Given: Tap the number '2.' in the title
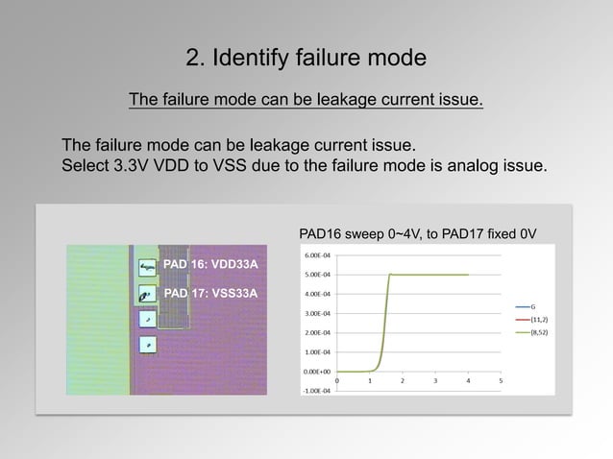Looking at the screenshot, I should click(196, 59).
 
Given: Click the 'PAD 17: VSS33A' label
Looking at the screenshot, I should click(210, 293).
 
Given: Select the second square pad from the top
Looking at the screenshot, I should click(147, 293).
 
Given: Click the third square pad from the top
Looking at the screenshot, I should click(147, 318).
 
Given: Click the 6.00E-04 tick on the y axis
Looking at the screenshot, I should click(318, 255).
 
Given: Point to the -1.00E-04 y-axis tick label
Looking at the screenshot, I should click(317, 390).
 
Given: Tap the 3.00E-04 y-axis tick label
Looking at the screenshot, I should click(318, 313).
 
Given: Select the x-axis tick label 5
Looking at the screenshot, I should click(501, 380).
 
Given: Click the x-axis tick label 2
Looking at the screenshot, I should click(402, 380).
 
